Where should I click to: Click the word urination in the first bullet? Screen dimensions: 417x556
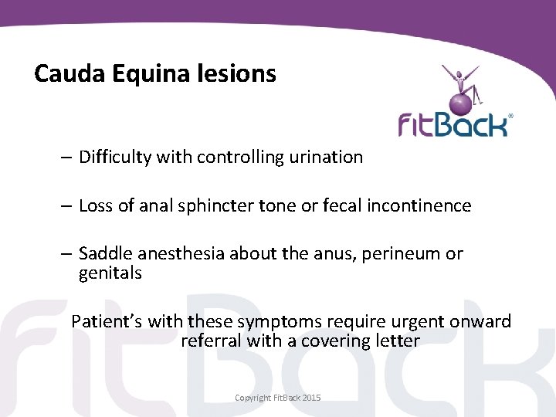[x=325, y=157]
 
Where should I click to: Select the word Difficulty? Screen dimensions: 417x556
[x=115, y=157]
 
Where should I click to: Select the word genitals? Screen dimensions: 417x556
[x=110, y=273]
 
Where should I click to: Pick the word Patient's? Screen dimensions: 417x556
[x=105, y=321]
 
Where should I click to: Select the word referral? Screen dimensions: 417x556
[x=210, y=340]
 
